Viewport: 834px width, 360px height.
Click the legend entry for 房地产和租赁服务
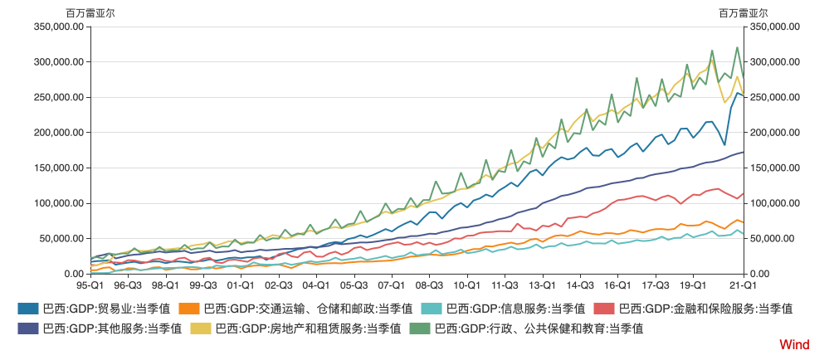tap(308, 328)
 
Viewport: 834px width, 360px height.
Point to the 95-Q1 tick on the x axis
tap(90, 285)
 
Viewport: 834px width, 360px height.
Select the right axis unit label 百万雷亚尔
tap(743, 13)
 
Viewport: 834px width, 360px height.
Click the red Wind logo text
tap(794, 343)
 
